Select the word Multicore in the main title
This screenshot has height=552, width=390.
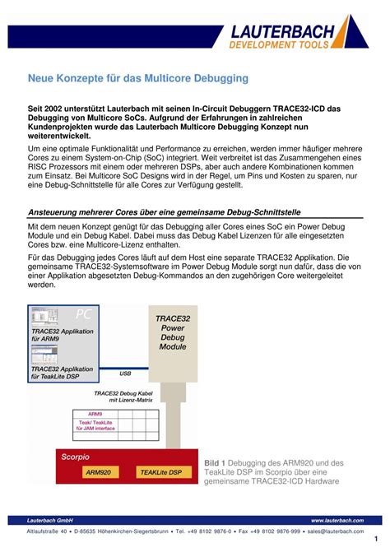point(174,78)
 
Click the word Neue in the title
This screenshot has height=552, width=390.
point(44,78)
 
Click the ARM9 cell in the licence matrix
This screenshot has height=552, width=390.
point(95,414)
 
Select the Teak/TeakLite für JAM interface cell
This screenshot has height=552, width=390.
point(97,424)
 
